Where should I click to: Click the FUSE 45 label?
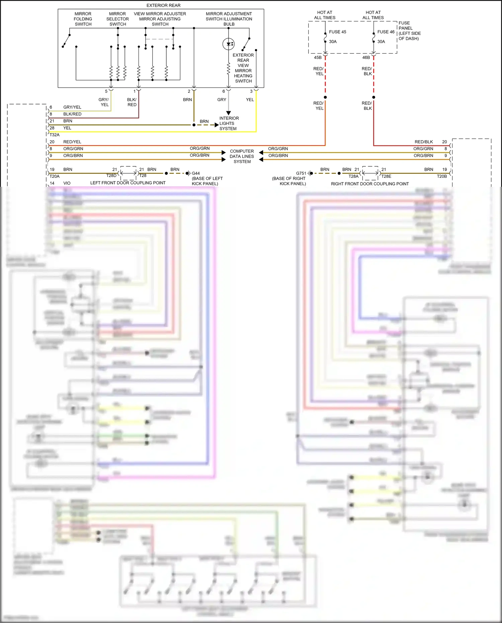click(x=337, y=32)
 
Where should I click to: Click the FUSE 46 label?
click(x=386, y=32)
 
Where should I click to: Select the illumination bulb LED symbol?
click(x=229, y=44)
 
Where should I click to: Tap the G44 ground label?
click(x=196, y=173)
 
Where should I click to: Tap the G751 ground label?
click(x=301, y=173)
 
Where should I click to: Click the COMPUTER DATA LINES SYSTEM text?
click(x=242, y=156)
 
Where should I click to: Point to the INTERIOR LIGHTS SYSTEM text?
click(x=229, y=124)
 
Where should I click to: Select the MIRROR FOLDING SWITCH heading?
click(x=83, y=19)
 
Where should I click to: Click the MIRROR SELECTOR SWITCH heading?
click(x=117, y=19)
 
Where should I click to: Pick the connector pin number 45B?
click(x=318, y=58)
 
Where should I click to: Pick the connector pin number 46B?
click(x=366, y=58)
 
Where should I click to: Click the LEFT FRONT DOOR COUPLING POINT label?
click(x=128, y=183)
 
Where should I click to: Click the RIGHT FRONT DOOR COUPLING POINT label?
click(x=370, y=184)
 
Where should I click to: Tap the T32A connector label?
click(x=55, y=135)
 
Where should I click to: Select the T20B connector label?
click(x=442, y=176)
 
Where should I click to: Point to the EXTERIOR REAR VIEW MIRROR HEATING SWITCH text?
click(x=243, y=68)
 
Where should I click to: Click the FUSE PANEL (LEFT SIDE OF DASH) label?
click(x=409, y=31)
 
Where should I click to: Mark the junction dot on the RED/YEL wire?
click(x=325, y=97)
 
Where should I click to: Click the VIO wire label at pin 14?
click(x=67, y=183)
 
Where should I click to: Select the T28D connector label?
click(x=111, y=175)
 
